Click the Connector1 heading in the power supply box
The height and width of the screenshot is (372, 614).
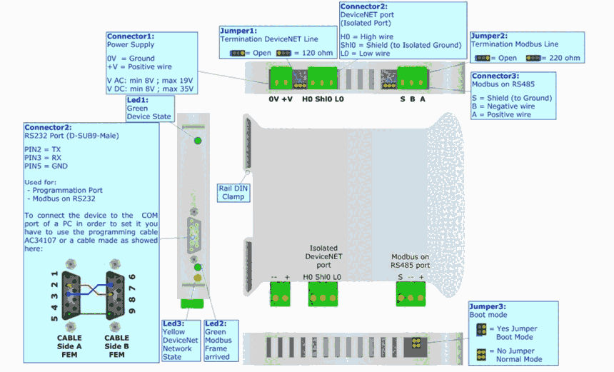coord(131,36)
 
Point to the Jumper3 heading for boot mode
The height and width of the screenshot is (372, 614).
coord(487,306)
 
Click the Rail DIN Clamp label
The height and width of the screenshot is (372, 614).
coord(233,192)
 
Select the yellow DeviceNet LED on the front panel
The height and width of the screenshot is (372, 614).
coord(197,277)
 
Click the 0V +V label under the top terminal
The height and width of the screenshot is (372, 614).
coord(281,99)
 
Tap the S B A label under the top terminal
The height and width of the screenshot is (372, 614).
coord(413,99)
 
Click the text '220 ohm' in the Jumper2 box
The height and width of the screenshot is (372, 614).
coord(566,59)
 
